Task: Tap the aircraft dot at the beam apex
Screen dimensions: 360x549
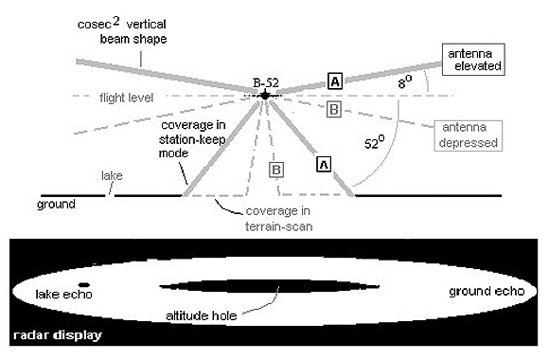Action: click(265, 95)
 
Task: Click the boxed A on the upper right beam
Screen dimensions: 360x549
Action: click(334, 81)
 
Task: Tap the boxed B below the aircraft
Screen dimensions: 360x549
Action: click(277, 171)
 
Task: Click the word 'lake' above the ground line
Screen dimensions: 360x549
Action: click(111, 176)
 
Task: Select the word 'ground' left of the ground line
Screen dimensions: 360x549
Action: click(56, 203)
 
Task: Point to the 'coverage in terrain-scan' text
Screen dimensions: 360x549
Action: click(277, 219)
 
